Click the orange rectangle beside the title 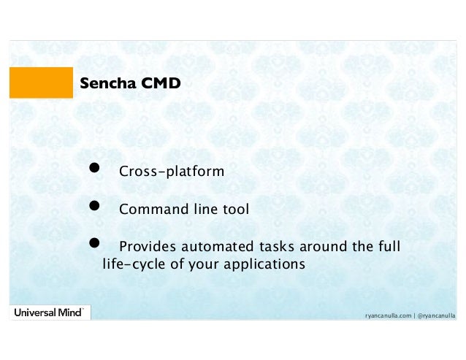[x=41, y=83]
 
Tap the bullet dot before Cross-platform [x=95, y=169]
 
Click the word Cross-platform [x=172, y=172]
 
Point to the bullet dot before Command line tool [x=95, y=207]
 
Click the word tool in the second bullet [x=235, y=210]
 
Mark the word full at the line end [x=388, y=247]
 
